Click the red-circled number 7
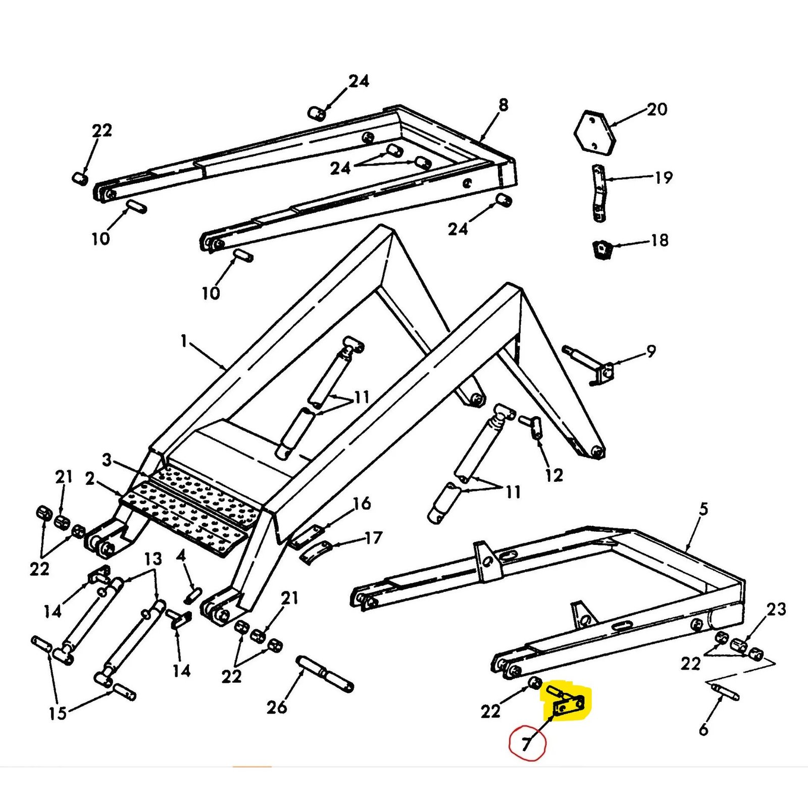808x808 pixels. click(527, 743)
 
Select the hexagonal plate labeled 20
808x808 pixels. click(595, 132)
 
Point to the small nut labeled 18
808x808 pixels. click(601, 249)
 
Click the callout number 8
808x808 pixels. click(503, 105)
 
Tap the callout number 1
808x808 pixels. click(184, 341)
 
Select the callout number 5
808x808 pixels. click(703, 509)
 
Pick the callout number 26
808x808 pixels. click(277, 708)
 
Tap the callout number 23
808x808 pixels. click(776, 609)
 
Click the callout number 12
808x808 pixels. click(553, 475)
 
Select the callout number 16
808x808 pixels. click(362, 503)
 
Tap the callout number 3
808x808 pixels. click(107, 460)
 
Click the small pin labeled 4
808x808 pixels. click(193, 595)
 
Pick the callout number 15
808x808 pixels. click(58, 713)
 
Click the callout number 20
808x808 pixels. click(657, 109)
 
